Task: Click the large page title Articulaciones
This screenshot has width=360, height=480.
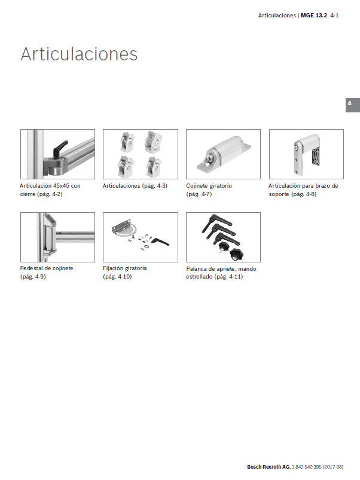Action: pyautogui.click(x=79, y=54)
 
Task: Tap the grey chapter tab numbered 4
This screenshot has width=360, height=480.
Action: pyautogui.click(x=353, y=105)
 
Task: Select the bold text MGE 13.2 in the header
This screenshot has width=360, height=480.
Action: pyautogui.click(x=314, y=16)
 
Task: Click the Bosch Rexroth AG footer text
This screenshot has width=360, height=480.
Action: pyautogui.click(x=268, y=467)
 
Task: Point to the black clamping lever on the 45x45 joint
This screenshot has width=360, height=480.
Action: pyautogui.click(x=60, y=148)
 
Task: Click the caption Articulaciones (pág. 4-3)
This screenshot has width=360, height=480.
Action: pyautogui.click(x=135, y=186)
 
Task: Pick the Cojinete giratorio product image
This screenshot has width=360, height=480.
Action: pyautogui.click(x=223, y=154)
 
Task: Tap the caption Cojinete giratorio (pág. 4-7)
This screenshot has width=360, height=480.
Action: pyautogui.click(x=209, y=190)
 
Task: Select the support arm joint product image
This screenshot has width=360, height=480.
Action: pyautogui.click(x=306, y=154)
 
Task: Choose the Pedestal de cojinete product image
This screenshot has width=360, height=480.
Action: pyautogui.click(x=57, y=237)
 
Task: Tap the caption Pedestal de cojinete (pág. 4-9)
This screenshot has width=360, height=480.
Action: pyautogui.click(x=47, y=273)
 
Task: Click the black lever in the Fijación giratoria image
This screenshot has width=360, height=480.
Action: pyautogui.click(x=160, y=242)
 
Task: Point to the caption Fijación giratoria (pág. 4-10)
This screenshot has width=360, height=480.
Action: pyautogui.click(x=125, y=273)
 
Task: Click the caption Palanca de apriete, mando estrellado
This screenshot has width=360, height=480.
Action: pyautogui.click(x=221, y=273)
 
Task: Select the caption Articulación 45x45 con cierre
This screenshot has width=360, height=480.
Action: pyautogui.click(x=50, y=190)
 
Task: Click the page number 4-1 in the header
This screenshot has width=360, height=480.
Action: pyautogui.click(x=335, y=16)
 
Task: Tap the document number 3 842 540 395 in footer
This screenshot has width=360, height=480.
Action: pyautogui.click(x=306, y=467)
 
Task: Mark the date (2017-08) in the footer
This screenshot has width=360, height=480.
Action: pyautogui.click(x=333, y=467)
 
